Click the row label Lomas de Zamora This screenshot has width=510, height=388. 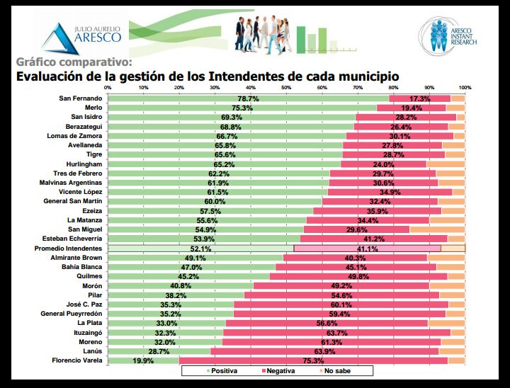coord(74,136)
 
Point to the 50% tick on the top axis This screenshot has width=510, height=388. coord(285,88)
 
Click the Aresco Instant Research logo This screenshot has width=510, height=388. coord(448,35)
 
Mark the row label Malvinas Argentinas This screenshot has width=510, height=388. coord(71,183)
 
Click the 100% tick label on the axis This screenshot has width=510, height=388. coord(465,88)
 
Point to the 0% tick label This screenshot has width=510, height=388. coord(107,88)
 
